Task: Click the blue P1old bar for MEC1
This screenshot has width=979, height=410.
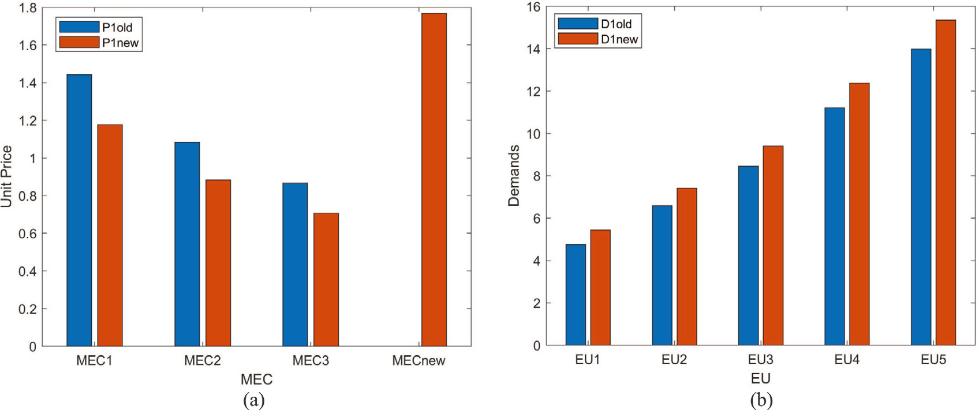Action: (x=79, y=210)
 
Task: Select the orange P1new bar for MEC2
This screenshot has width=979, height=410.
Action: (x=218, y=263)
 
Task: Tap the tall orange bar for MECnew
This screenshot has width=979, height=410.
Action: (x=434, y=180)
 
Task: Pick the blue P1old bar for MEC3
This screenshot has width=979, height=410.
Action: (x=295, y=265)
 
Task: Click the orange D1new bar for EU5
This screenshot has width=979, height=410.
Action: (x=946, y=183)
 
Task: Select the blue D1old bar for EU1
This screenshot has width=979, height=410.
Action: (x=576, y=295)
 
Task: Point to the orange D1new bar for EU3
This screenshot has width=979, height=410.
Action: (x=773, y=246)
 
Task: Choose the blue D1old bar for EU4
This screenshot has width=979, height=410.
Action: (x=834, y=227)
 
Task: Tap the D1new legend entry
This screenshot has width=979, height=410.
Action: (x=598, y=39)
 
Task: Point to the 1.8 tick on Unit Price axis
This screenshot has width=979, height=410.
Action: (x=27, y=8)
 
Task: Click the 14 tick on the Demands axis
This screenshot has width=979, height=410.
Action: (x=533, y=49)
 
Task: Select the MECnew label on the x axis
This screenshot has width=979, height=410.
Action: (x=418, y=361)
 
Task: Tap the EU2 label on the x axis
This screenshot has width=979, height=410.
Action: (x=674, y=360)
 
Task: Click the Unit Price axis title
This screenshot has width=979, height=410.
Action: (x=7, y=176)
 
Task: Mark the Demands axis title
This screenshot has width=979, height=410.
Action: (x=514, y=176)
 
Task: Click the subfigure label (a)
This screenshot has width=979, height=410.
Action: (x=254, y=400)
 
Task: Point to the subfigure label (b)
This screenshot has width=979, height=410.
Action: (x=761, y=400)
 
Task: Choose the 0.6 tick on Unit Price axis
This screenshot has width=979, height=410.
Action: (x=27, y=234)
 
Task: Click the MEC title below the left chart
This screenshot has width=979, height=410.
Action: (x=256, y=379)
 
